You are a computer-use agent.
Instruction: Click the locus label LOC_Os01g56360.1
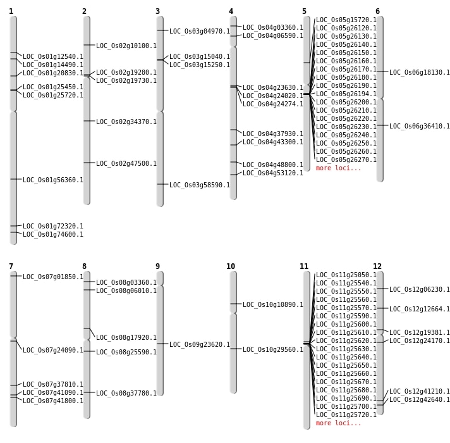point(53,180)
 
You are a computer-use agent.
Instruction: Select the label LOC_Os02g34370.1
point(126,122)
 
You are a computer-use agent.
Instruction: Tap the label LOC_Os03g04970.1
point(200,31)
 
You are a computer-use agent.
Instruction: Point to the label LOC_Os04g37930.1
point(273,134)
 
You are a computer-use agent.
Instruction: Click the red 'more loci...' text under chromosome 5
point(339,168)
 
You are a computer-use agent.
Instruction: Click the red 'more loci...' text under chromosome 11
point(339,423)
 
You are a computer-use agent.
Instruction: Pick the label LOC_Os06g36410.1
point(420,126)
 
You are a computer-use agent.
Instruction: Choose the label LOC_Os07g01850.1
point(53,277)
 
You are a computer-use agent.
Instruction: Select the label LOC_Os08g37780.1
point(126,393)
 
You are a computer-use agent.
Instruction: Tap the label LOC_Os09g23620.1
point(200,345)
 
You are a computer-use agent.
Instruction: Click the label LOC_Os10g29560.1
point(273,349)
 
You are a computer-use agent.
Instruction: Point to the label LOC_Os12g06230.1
point(420,289)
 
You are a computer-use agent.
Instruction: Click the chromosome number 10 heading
point(231,266)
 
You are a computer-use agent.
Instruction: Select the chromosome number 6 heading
point(377,11)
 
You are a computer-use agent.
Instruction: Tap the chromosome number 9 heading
point(157,266)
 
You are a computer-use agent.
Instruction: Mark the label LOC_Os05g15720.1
point(346,20)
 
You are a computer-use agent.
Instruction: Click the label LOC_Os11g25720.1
point(346,415)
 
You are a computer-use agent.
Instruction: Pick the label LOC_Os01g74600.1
point(53,234)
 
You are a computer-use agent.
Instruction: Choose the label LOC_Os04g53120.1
point(273,173)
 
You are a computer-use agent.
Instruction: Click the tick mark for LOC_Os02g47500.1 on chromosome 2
point(87,163)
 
